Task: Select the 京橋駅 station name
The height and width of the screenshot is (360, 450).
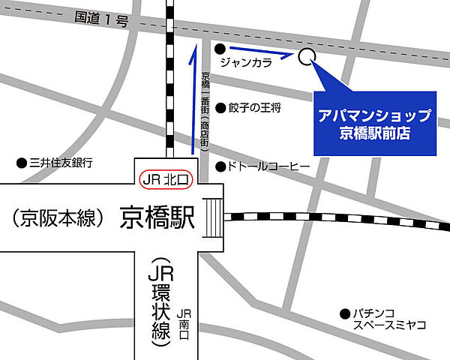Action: tap(157, 218)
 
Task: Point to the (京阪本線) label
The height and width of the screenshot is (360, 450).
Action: tap(58, 218)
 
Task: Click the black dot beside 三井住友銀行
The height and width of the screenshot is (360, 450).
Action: tap(21, 163)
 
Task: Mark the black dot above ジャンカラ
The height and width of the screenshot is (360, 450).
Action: tap(220, 49)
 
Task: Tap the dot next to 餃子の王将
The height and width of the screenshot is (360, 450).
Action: tap(220, 107)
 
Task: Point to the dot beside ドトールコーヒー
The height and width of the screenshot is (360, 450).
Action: tap(220, 166)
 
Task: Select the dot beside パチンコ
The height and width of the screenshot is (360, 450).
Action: tap(344, 313)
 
